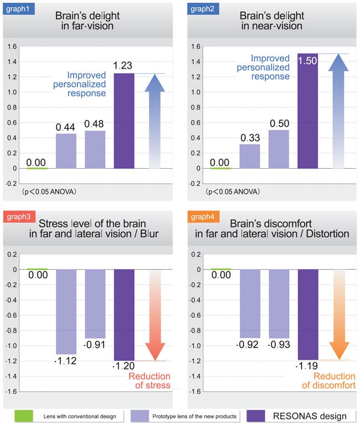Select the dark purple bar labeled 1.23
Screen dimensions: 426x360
[x=124, y=121]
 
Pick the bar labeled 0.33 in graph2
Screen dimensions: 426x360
[x=250, y=155]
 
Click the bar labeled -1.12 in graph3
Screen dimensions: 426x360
[x=66, y=311]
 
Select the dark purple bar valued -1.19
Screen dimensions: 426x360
[x=308, y=314]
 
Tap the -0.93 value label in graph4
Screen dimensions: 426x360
[x=279, y=345]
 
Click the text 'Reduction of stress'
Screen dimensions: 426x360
[x=150, y=381]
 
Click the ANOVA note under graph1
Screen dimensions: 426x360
[x=49, y=191]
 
